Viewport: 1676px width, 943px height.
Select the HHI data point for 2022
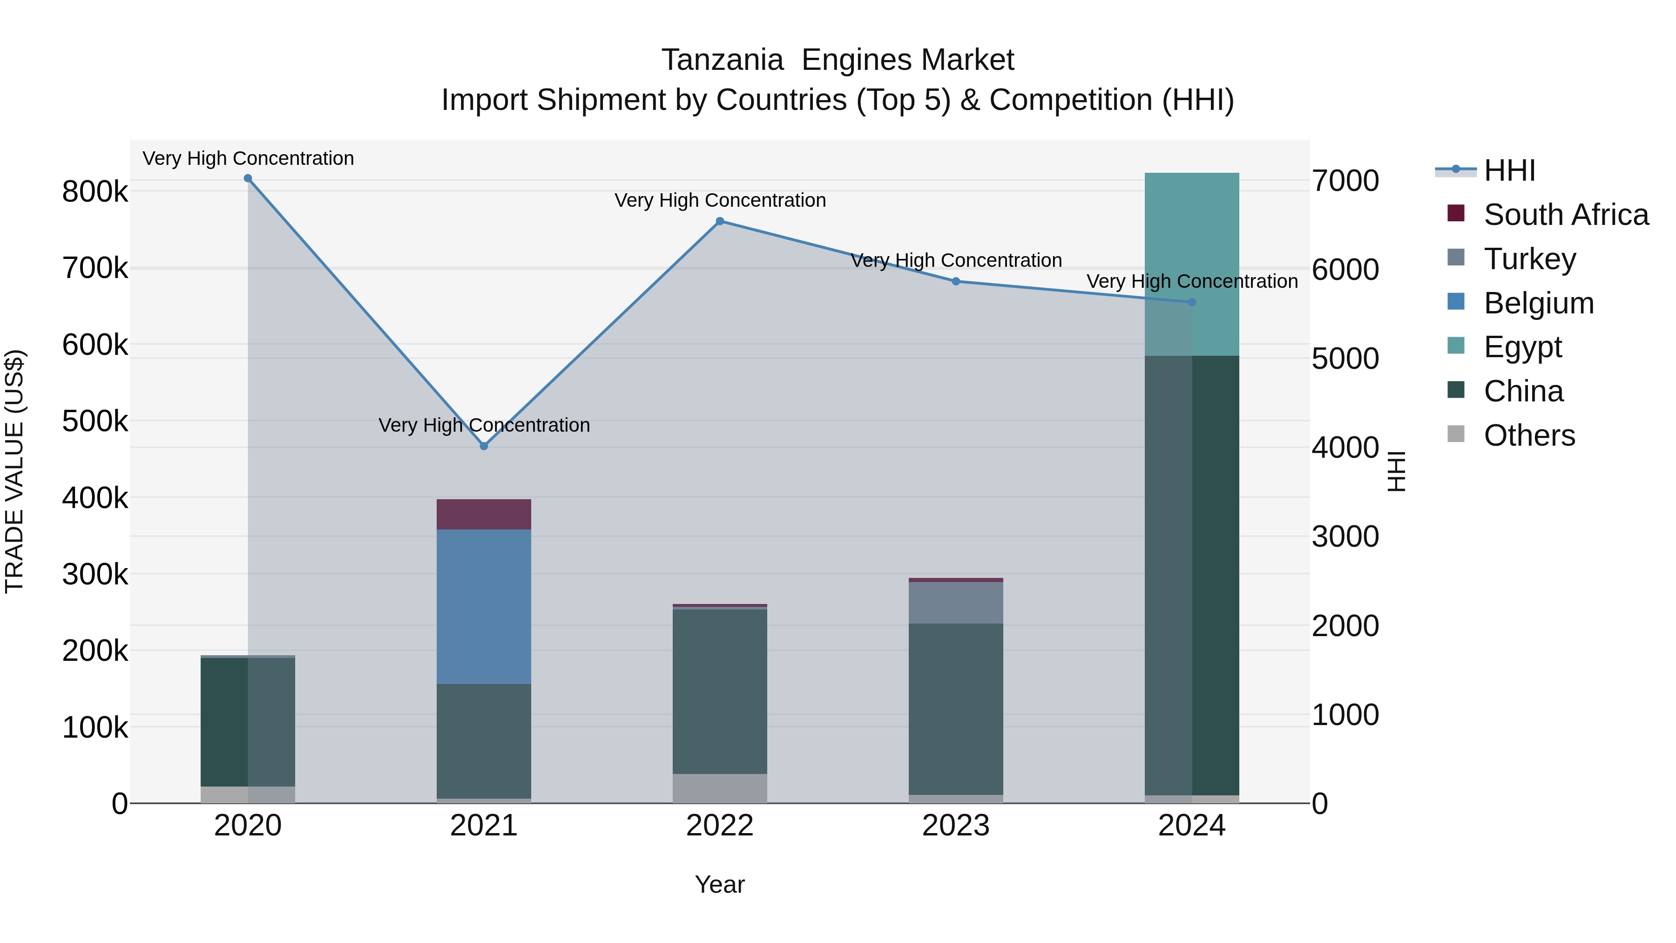(720, 221)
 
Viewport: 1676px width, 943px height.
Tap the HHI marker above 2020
(248, 178)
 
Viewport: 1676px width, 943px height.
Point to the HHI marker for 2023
(956, 281)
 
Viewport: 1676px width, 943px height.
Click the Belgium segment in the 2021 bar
(483, 606)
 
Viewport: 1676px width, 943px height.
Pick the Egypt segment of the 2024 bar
(1192, 264)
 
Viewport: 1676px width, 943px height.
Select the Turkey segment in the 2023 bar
(956, 603)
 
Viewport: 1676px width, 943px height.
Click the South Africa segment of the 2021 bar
(483, 514)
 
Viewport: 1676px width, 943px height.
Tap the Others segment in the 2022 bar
(720, 788)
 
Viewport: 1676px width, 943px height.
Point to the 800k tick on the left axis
(95, 192)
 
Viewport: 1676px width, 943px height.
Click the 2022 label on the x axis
(720, 826)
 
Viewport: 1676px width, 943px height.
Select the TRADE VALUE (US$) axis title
(14, 471)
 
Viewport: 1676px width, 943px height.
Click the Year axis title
(720, 884)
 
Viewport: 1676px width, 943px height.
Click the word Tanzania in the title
(722, 60)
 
